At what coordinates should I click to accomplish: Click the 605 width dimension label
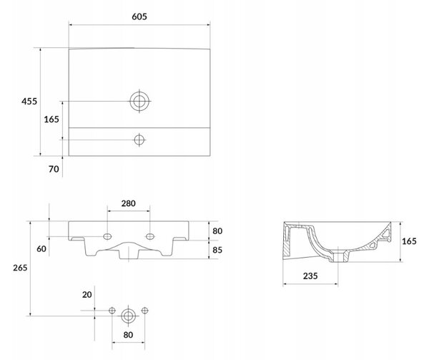pyautogui.click(x=139, y=16)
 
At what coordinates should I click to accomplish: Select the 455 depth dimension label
pyautogui.click(x=29, y=102)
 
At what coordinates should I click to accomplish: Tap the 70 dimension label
pyautogui.click(x=54, y=169)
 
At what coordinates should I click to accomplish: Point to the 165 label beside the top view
pyautogui.click(x=51, y=120)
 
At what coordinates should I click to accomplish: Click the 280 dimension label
pyautogui.click(x=128, y=203)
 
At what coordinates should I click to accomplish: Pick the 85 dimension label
pyautogui.click(x=217, y=250)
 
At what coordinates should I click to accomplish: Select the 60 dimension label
pyautogui.click(x=41, y=249)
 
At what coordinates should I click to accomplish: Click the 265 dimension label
pyautogui.click(x=20, y=268)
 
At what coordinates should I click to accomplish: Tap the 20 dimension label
pyautogui.click(x=87, y=295)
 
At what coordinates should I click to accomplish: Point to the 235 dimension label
pyautogui.click(x=310, y=276)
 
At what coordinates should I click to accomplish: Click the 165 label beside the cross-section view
pyautogui.click(x=409, y=241)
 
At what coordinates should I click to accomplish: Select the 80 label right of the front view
pyautogui.click(x=217, y=231)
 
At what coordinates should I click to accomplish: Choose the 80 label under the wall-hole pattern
pyautogui.click(x=128, y=334)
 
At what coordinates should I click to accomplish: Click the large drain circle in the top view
pyautogui.click(x=139, y=92)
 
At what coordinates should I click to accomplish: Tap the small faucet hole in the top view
pyautogui.click(x=139, y=135)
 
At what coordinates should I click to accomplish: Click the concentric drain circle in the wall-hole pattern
pyautogui.click(x=128, y=309)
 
